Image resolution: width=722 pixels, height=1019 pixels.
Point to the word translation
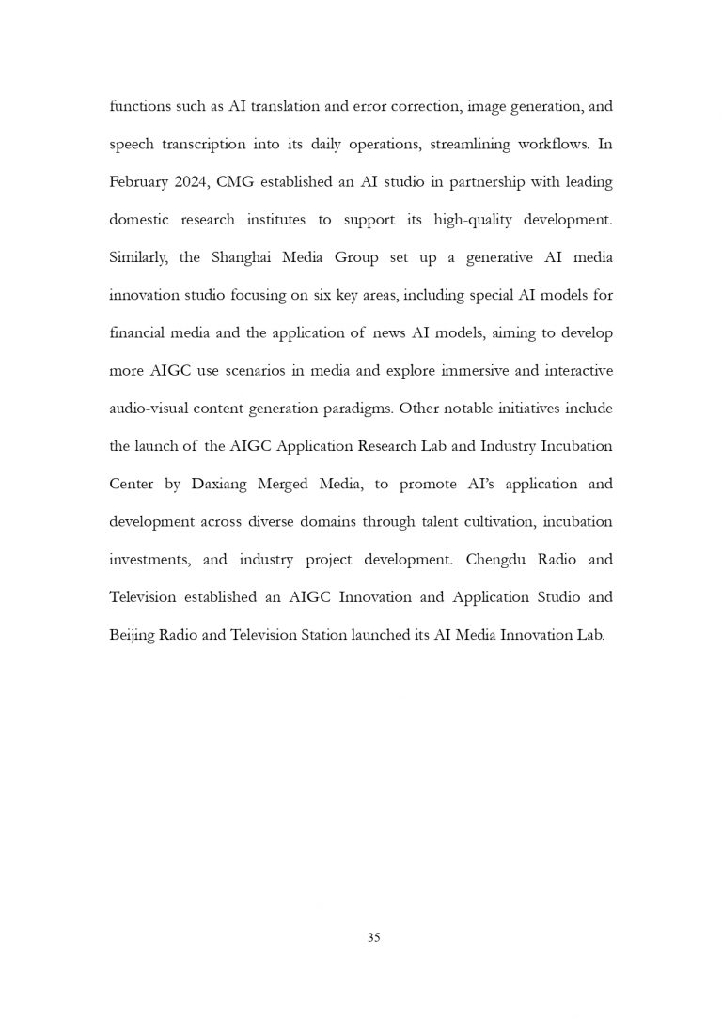(x=293, y=106)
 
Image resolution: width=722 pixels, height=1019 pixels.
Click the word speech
(x=132, y=145)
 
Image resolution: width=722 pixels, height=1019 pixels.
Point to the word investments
(x=150, y=560)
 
